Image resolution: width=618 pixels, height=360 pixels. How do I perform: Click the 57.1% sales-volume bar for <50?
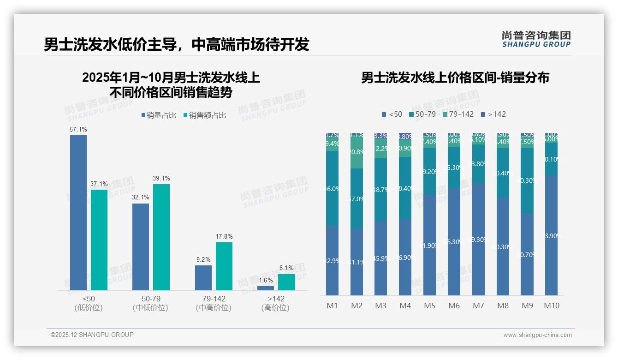pos(78,212)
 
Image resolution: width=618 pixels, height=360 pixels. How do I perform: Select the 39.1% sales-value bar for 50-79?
pos(161,237)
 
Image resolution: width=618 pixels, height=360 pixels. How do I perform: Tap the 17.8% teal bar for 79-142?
pos(224,266)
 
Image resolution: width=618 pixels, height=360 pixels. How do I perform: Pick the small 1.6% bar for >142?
pos(265,288)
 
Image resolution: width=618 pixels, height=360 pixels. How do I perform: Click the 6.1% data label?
pos(286,268)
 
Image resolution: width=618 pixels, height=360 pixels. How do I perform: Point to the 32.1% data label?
pos(140,198)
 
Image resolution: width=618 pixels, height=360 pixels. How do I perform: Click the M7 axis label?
pos(478,306)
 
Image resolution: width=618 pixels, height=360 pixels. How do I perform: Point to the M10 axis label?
pos(552,306)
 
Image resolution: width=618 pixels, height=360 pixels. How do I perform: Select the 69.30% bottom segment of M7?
pos(478,239)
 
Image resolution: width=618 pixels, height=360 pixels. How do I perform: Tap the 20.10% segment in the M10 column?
pos(552,159)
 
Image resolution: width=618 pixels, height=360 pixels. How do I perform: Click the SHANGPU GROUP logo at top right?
pos(536,39)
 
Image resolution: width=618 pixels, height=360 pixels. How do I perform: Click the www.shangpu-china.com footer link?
pos(537,335)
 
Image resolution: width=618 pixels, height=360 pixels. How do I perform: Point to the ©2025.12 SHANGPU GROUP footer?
pos(92,335)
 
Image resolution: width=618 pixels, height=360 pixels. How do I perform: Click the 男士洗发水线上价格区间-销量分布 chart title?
pos(455,78)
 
